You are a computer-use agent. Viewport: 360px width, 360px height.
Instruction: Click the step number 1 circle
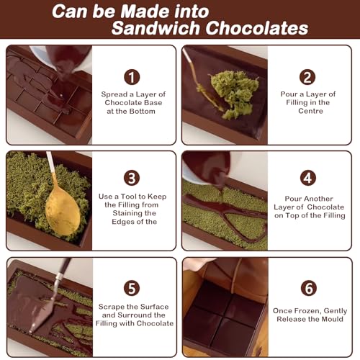point(132,77)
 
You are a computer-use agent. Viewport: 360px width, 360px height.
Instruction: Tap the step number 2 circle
point(307,77)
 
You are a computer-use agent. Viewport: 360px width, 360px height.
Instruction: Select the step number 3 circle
point(132,178)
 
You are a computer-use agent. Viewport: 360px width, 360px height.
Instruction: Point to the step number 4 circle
point(308,178)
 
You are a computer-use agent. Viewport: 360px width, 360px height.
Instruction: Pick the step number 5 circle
point(132,288)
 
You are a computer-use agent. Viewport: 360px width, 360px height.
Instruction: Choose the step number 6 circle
point(309,288)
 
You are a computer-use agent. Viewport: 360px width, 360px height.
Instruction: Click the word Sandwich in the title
point(156,28)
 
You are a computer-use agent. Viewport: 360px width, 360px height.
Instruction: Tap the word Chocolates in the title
point(257,28)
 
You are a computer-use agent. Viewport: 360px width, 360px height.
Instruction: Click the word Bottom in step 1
point(143,112)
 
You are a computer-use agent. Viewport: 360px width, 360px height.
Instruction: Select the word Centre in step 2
point(310,111)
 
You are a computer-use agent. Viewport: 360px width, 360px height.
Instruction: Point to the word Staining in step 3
point(134,213)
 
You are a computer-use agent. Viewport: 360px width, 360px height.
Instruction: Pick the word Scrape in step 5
point(112,307)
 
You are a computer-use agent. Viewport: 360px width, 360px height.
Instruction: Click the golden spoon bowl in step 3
point(63,211)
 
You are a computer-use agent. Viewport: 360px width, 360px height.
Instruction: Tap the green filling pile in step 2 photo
point(234,94)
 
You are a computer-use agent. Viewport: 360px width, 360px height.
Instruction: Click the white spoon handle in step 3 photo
point(51,162)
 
